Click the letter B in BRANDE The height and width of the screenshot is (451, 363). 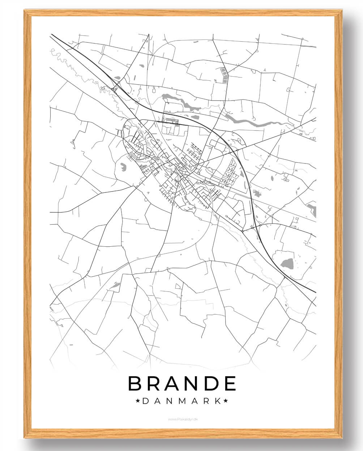(135, 383)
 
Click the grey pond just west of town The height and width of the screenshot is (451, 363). (123, 167)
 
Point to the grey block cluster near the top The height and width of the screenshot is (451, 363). (224, 75)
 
